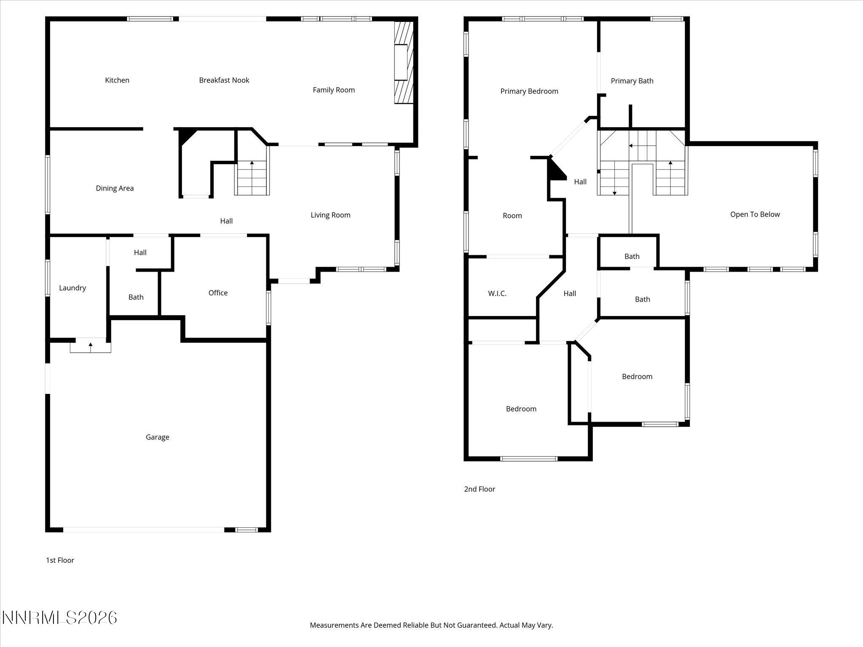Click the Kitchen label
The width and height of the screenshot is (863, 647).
click(117, 80)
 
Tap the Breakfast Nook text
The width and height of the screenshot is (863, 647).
click(224, 80)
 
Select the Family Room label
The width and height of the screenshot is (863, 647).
click(333, 90)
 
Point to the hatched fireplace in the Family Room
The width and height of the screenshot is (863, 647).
click(403, 62)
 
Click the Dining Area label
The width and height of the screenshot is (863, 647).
click(115, 188)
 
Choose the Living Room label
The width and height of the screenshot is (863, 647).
click(330, 215)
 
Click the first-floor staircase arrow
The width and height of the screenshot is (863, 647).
click(252, 163)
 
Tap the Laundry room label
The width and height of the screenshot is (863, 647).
click(72, 288)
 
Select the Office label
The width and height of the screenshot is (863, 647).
click(218, 293)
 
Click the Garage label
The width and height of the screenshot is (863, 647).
click(157, 437)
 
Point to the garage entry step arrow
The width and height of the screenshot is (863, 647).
click(91, 345)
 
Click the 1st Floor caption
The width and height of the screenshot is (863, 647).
click(60, 560)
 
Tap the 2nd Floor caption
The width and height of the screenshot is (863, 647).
click(480, 489)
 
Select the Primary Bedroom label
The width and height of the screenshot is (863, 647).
click(529, 91)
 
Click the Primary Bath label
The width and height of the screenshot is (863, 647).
click(632, 81)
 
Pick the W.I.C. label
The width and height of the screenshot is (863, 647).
click(497, 294)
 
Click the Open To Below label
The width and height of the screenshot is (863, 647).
click(755, 214)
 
